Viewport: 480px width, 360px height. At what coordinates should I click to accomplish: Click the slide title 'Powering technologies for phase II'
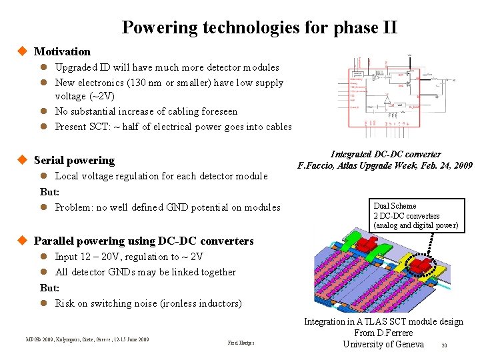[259, 28]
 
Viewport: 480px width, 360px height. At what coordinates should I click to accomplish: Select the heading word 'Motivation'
[62, 51]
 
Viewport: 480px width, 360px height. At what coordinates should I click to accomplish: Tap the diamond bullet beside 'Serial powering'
[22, 160]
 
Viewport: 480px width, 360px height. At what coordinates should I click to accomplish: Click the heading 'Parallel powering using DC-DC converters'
[143, 241]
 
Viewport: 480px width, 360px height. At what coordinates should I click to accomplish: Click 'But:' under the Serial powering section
[50, 191]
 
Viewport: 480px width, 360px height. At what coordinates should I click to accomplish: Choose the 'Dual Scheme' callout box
[415, 216]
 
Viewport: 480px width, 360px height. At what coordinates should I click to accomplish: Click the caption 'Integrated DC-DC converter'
[385, 154]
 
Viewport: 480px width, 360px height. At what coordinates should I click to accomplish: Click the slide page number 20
[443, 345]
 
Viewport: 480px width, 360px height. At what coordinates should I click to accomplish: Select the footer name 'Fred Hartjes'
[241, 343]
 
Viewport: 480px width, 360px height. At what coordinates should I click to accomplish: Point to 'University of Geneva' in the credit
[383, 344]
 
